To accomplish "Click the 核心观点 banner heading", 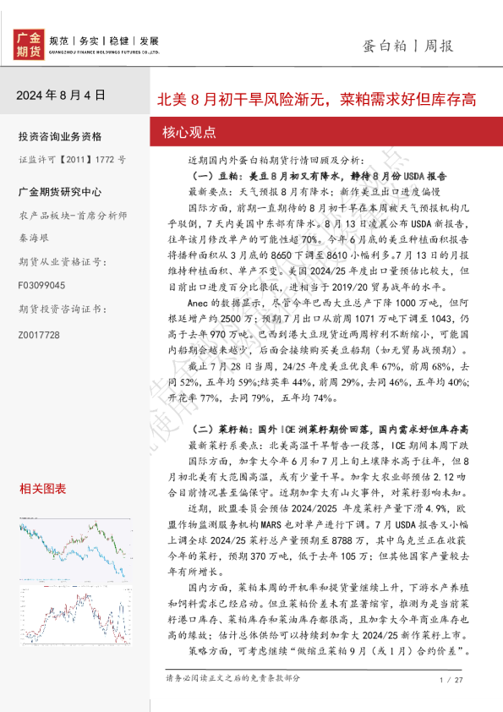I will click(x=188, y=133).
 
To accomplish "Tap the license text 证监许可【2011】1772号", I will click(x=72, y=158).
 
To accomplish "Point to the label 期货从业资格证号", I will click(x=59, y=262).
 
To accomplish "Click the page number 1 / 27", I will click(x=452, y=680).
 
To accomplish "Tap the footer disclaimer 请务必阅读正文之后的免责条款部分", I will click(x=233, y=678).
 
